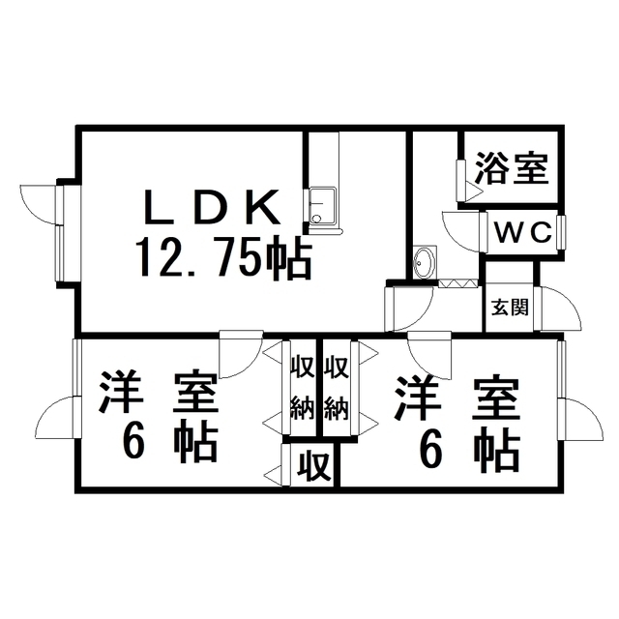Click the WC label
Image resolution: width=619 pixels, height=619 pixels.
point(523,232)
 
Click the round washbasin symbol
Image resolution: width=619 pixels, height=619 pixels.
point(424,261)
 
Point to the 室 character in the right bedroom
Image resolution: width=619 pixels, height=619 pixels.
point(495,398)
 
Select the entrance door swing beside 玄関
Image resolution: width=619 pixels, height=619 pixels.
point(560,308)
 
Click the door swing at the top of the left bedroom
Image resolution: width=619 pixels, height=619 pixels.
point(237,356)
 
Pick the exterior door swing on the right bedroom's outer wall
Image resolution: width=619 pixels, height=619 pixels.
point(580,422)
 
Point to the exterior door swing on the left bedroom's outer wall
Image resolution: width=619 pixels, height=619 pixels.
point(54,422)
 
